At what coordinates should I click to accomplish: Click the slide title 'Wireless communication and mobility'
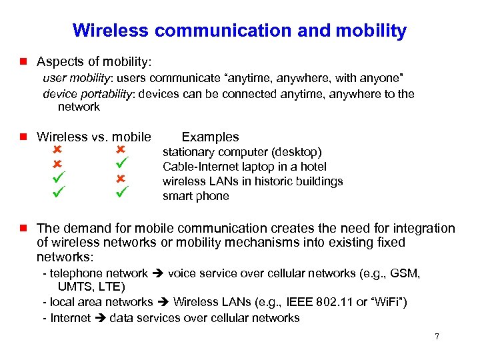pos(239,30)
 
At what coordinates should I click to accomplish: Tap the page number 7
pos(437,337)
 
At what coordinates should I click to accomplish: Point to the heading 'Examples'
pos(210,137)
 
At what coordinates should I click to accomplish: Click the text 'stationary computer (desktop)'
pos(242,152)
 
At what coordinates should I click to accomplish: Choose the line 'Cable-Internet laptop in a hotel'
pos(244,167)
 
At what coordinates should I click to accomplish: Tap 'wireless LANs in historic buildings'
pos(253,181)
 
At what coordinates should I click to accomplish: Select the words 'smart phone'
pos(196,196)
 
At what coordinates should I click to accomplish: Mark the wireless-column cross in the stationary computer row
pos(57,150)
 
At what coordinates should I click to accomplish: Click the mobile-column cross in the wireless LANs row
pos(121,179)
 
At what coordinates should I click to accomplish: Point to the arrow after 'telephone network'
pos(158,273)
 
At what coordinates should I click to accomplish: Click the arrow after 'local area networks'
pos(163,303)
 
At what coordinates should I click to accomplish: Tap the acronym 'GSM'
pos(407,273)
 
